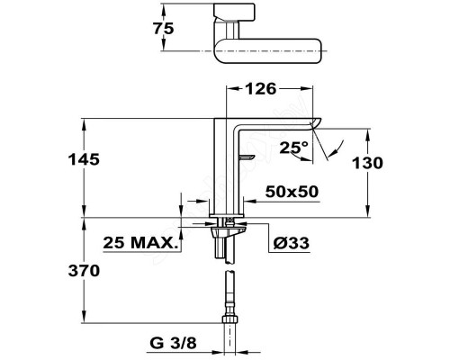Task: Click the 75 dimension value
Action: click(164, 29)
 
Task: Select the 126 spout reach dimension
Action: click(260, 89)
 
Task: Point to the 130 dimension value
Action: click(367, 163)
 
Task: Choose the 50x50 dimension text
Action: click(292, 192)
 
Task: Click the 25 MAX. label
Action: click(139, 243)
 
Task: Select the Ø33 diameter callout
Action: click(291, 243)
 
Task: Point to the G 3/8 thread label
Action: click(173, 343)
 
